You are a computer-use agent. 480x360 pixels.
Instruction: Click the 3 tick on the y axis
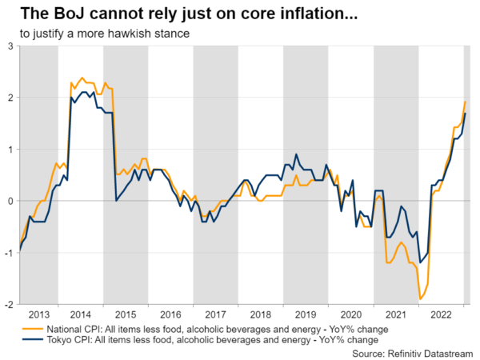(x=11, y=46)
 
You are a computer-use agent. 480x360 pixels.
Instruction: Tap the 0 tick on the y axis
(x=11, y=201)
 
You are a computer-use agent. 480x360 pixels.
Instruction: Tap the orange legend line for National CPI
(x=29, y=328)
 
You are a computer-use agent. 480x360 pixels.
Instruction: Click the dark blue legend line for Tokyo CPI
(x=29, y=339)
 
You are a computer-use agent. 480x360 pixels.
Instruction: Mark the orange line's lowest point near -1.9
(x=421, y=299)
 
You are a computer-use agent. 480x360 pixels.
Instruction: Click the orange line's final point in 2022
(x=466, y=102)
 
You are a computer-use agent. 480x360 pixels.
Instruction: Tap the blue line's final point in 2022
(x=466, y=114)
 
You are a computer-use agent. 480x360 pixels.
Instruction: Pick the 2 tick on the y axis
(x=11, y=98)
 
